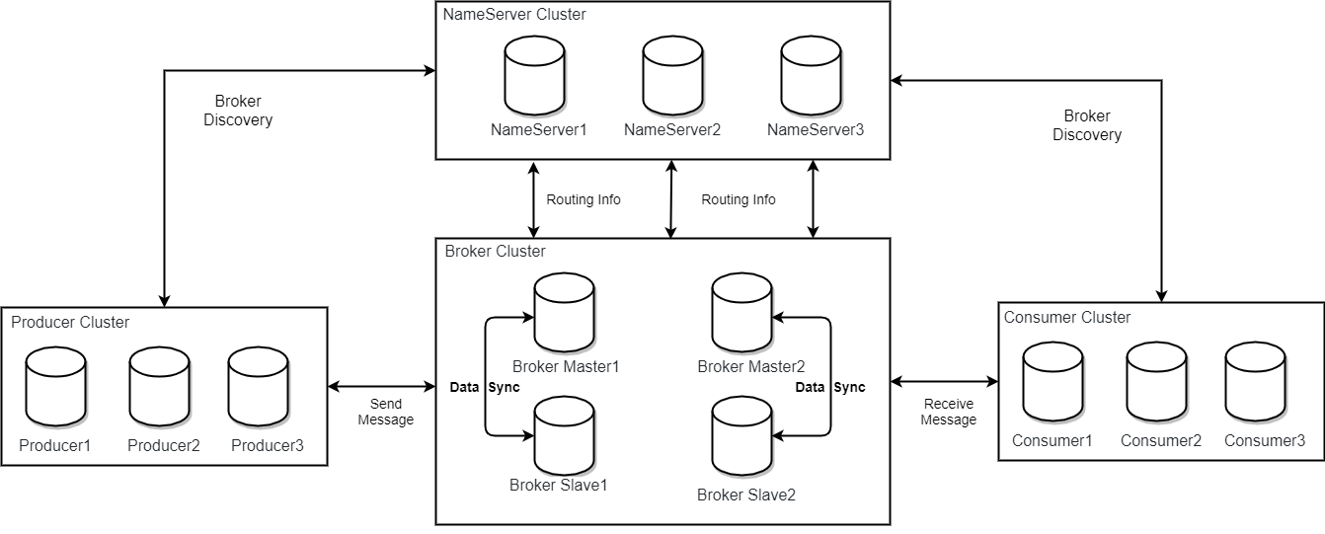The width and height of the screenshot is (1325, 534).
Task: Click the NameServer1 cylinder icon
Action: point(534,77)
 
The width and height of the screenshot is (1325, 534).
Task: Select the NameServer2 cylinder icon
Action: point(672,77)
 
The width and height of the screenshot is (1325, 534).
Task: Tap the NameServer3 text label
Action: point(815,130)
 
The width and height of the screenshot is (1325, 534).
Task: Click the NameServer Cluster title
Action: point(514,15)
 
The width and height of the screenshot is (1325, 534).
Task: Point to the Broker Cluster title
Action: point(495,252)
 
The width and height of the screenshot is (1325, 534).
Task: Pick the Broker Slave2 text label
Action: point(745,495)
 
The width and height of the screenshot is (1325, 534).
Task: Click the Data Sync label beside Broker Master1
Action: point(484,388)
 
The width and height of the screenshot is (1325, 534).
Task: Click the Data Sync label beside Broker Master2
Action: point(830,388)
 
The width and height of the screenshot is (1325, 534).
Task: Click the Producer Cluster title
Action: point(70,323)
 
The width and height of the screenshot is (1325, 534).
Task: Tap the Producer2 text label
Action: point(164,446)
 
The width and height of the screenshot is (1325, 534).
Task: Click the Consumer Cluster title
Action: point(1067,318)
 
